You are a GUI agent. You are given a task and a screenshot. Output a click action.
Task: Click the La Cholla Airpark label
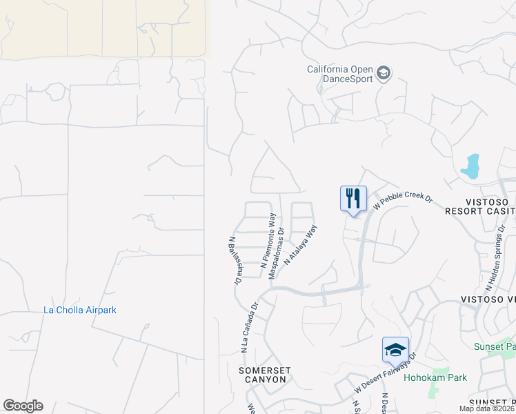(x=80, y=310)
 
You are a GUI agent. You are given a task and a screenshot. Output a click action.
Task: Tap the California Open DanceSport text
(x=340, y=74)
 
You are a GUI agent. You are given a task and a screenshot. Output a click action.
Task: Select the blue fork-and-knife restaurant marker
(x=353, y=199)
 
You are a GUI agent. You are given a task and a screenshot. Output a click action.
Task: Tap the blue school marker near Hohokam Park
(x=396, y=350)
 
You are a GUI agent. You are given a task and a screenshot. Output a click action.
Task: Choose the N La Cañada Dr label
(x=249, y=328)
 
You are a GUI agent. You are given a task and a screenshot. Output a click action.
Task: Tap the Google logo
(x=23, y=406)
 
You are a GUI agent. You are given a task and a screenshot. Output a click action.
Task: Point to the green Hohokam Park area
(x=434, y=391)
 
